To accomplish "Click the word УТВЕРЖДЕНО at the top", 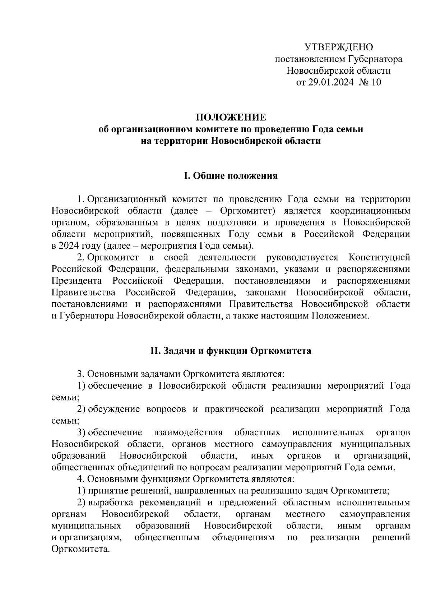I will (339, 47).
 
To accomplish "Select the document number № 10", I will (370, 82).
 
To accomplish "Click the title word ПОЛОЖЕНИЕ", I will (231, 118).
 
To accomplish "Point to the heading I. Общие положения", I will (231, 176).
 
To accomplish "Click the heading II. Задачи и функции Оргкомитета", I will (231, 350).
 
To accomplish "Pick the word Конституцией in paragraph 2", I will (379, 258).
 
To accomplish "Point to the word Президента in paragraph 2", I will (77, 281).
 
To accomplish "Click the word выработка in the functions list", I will (111, 503).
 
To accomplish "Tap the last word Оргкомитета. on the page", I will (80, 550).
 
